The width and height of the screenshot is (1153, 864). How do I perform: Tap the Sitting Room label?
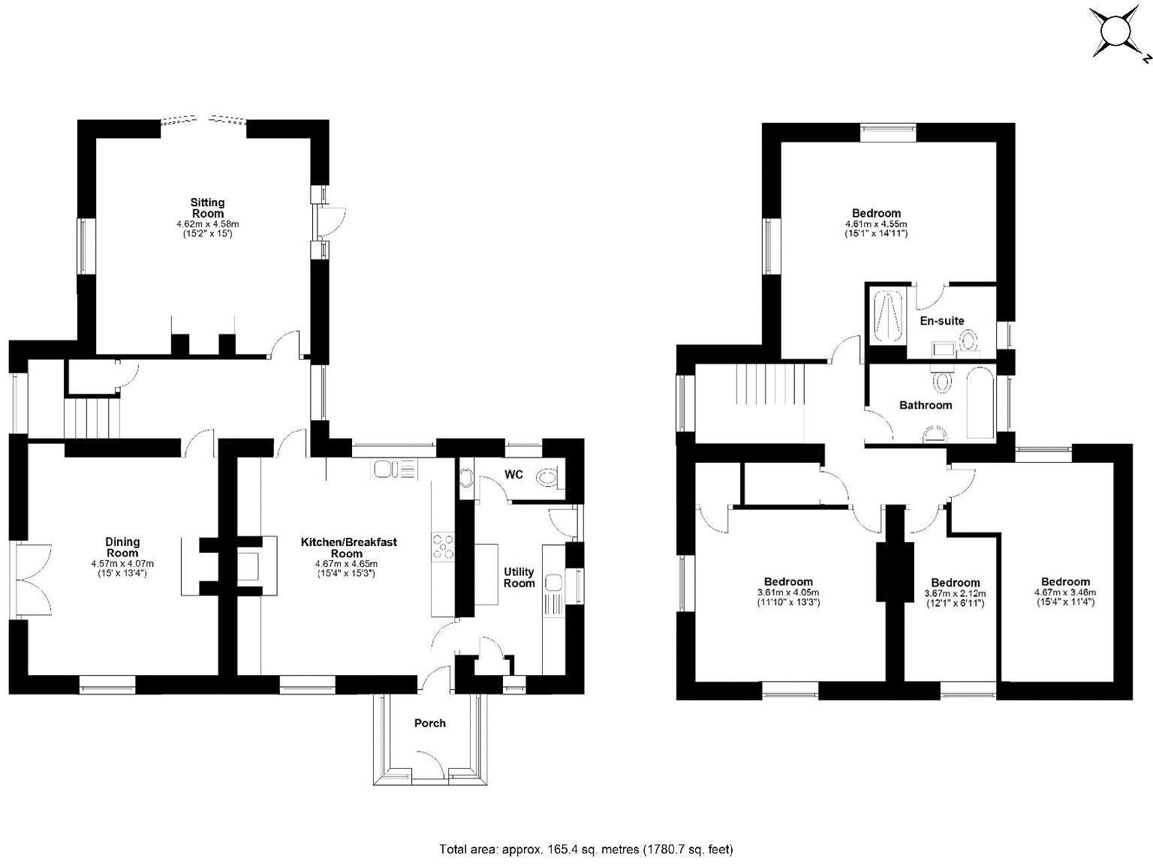click(x=207, y=208)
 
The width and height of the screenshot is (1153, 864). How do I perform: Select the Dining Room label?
click(x=122, y=547)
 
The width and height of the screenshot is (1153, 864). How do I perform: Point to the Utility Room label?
click(x=519, y=577)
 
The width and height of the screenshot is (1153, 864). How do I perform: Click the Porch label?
click(x=429, y=723)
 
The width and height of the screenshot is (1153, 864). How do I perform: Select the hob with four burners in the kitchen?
click(x=443, y=546)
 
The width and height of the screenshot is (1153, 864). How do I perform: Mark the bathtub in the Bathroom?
click(x=980, y=403)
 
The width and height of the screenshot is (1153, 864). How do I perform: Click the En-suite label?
click(x=941, y=321)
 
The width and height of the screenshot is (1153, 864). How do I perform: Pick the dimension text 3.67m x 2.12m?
click(x=955, y=593)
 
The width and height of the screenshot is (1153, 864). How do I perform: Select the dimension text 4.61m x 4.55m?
click(x=876, y=223)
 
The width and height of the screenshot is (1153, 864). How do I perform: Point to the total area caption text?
click(x=586, y=849)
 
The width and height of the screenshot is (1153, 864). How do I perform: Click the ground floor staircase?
click(x=92, y=418)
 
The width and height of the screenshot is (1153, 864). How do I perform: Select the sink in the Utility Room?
click(x=554, y=584)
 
